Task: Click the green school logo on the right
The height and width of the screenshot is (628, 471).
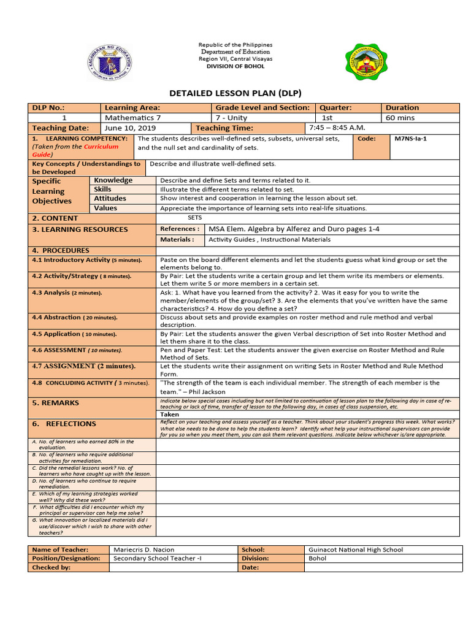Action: pyautogui.click(x=366, y=63)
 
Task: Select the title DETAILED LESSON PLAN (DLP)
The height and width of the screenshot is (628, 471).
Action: pyautogui.click(x=235, y=93)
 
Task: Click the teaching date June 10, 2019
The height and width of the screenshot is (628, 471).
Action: pyautogui.click(x=130, y=128)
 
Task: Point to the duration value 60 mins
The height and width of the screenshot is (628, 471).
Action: pyautogui.click(x=399, y=118)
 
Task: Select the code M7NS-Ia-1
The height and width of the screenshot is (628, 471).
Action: pyautogui.click(x=410, y=139)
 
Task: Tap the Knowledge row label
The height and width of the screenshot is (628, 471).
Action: pyautogui.click(x=113, y=180)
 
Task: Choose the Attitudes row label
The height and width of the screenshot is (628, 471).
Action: pyautogui.click(x=110, y=199)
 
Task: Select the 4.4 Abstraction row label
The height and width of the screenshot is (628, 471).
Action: pyautogui.click(x=74, y=318)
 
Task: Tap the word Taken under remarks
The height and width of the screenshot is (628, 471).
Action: pyautogui.click(x=170, y=415)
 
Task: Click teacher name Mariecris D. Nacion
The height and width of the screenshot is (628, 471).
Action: pyautogui.click(x=144, y=549)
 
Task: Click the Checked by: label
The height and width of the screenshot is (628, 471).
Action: pyautogui.click(x=51, y=567)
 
